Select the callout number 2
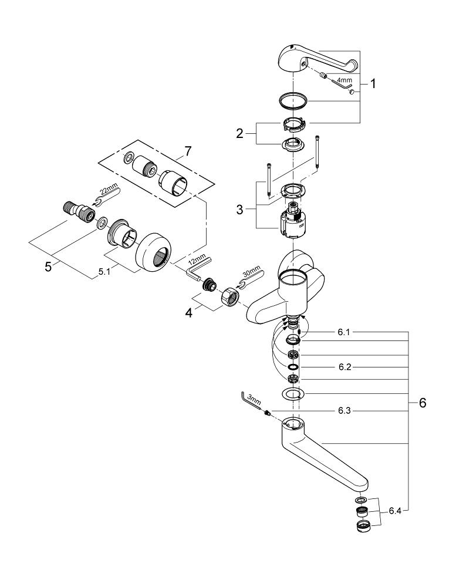click(239, 133)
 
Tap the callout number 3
click(239, 209)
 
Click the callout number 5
click(49, 266)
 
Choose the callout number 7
click(187, 151)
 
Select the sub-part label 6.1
click(344, 332)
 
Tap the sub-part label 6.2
click(344, 366)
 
